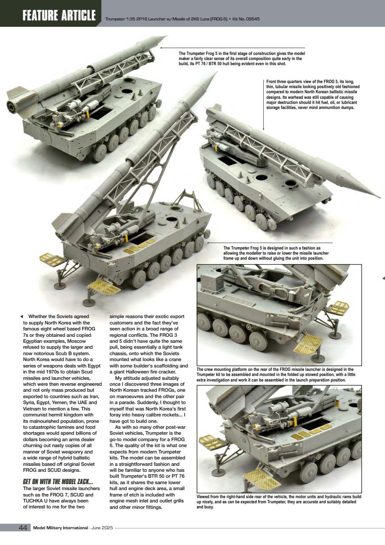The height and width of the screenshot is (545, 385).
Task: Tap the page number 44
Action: (x=23, y=528)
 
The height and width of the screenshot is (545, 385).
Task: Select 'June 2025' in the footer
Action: (x=103, y=528)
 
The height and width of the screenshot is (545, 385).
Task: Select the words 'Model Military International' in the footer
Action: (x=60, y=528)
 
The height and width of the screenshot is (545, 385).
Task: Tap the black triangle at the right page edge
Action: (x=383, y=278)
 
